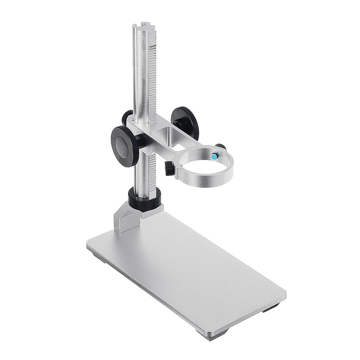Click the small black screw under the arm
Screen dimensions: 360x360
pos(168,169)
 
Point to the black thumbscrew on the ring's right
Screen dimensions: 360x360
pos(220,147)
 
